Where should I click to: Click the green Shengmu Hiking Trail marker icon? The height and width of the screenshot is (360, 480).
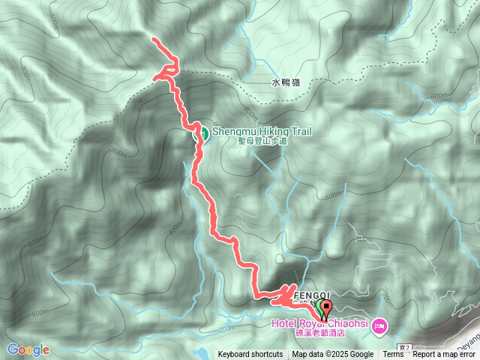pos(202,134)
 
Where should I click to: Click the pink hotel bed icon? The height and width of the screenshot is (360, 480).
pos(379,325)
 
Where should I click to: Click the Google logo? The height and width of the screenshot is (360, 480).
pos(28,349)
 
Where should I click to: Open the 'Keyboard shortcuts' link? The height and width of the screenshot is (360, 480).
pos(250,355)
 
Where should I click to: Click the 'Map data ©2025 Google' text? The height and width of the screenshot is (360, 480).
pos(332,355)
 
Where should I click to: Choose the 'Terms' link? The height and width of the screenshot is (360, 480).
pos(393,355)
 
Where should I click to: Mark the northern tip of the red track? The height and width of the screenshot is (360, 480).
pos(153,38)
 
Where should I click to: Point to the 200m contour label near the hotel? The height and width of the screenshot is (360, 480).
pos(387,298)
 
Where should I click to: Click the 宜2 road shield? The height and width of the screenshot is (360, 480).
pos(404,347)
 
